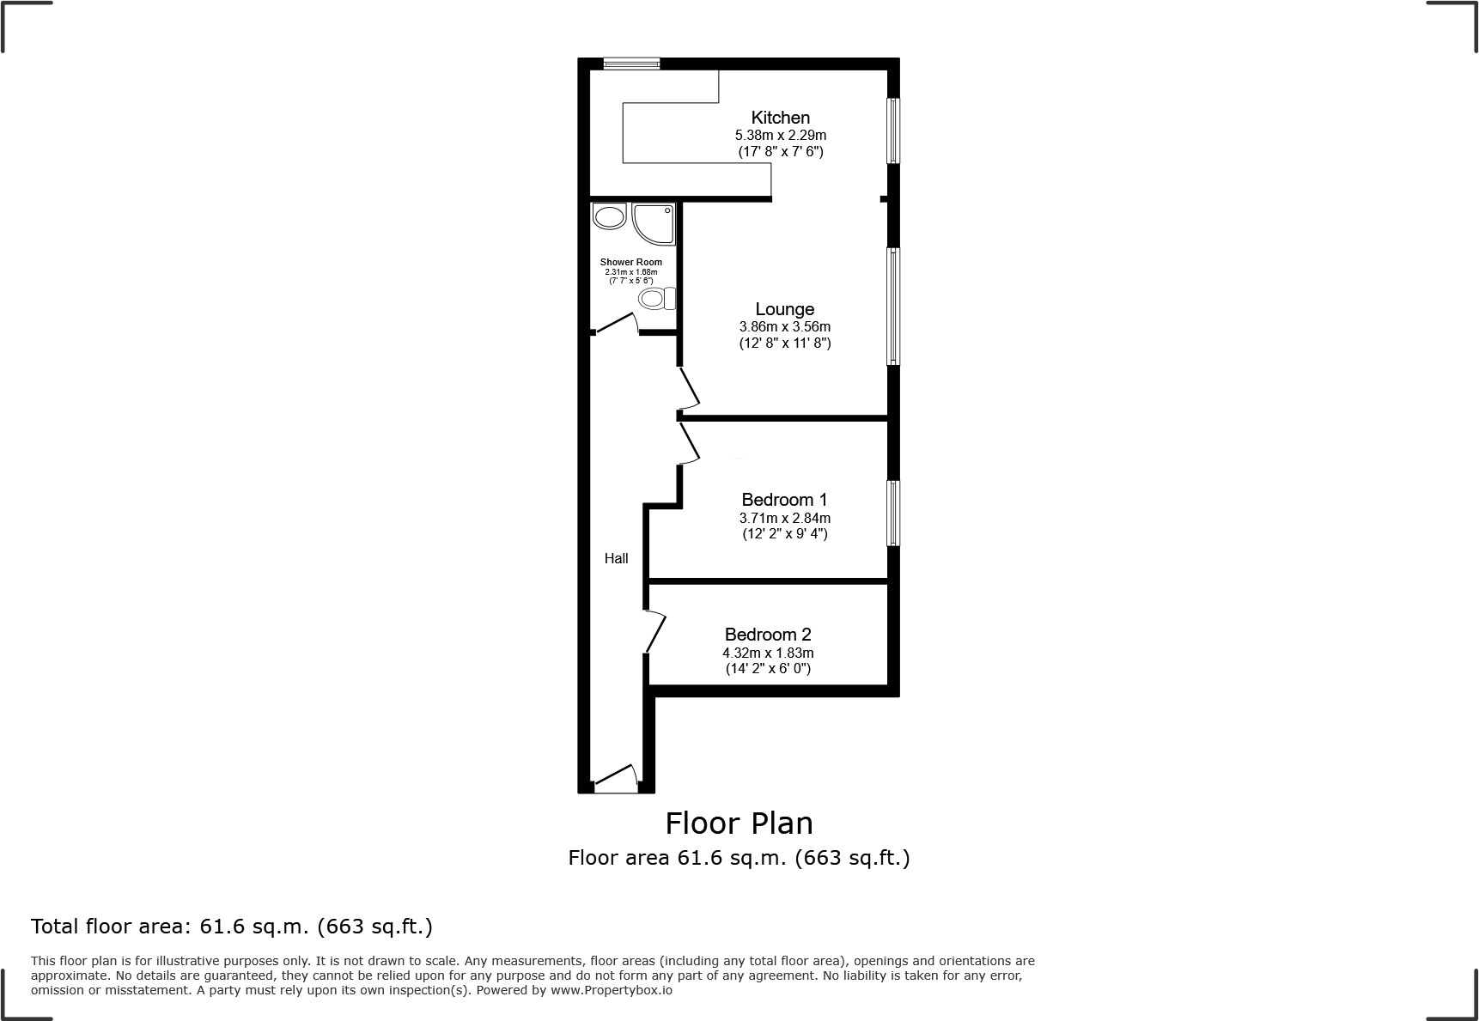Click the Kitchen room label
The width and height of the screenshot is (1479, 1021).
click(780, 118)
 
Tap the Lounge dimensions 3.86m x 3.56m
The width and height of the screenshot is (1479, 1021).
click(784, 327)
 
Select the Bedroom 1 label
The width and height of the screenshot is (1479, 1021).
click(784, 500)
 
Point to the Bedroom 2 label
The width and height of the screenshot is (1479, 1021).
click(768, 635)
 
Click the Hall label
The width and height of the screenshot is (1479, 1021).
click(616, 559)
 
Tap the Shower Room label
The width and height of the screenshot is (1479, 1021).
click(630, 262)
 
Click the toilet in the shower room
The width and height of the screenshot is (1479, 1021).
click(657, 299)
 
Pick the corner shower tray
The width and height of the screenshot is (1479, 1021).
click(653, 223)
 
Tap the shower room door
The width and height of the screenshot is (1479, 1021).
click(616, 324)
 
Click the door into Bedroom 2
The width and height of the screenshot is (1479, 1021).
click(655, 631)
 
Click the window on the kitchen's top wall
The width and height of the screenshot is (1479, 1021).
click(630, 63)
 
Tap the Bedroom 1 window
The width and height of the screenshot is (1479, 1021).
click(893, 513)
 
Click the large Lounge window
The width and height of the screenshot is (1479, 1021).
click(893, 306)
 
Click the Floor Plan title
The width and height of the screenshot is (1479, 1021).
click(739, 823)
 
